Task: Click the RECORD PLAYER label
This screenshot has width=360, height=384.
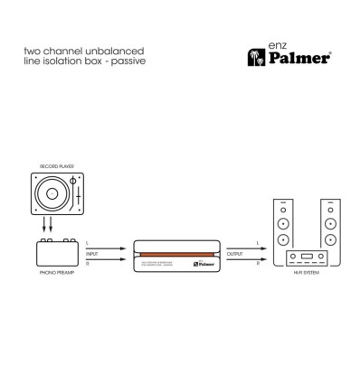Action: click(x=56, y=167)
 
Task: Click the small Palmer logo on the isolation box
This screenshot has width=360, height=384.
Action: click(x=207, y=265)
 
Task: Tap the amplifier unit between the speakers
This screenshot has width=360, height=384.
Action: click(x=307, y=255)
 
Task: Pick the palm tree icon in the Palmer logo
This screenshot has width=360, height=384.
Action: click(x=255, y=59)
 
